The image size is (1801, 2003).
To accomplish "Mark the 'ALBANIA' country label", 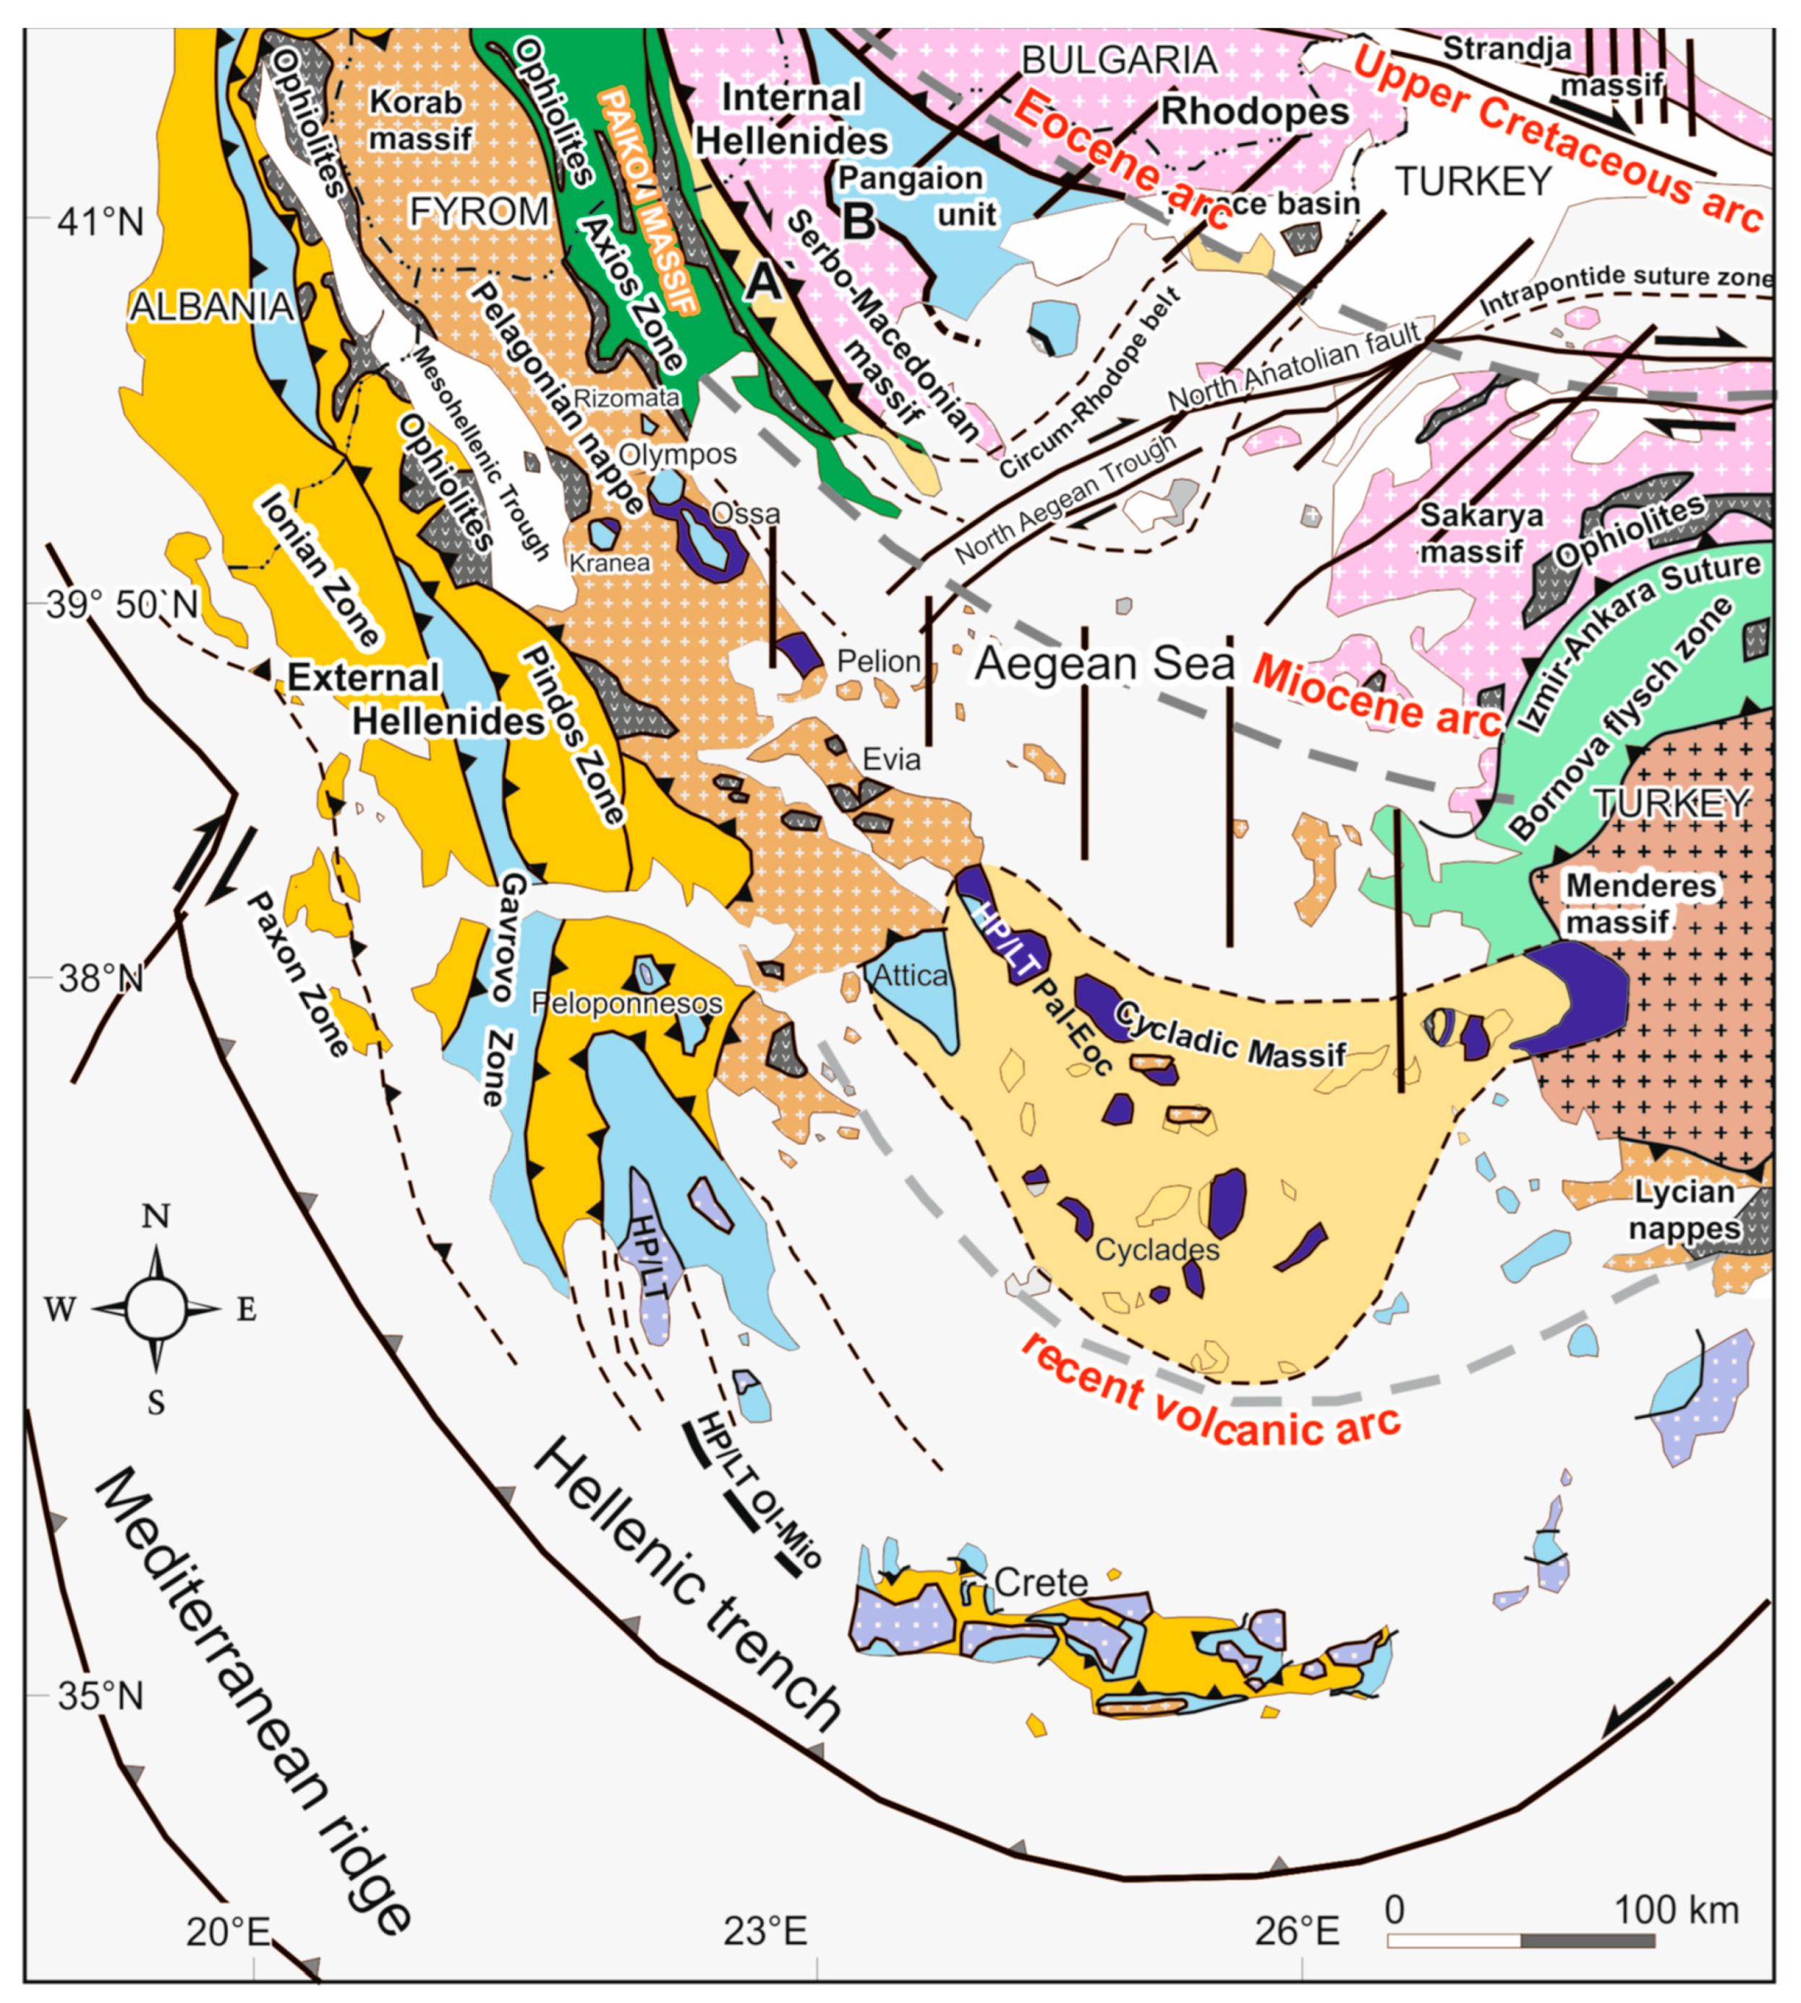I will (x=210, y=307).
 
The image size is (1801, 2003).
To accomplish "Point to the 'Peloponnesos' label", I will (x=626, y=1003).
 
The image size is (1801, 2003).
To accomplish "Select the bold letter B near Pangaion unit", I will (x=858, y=221).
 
